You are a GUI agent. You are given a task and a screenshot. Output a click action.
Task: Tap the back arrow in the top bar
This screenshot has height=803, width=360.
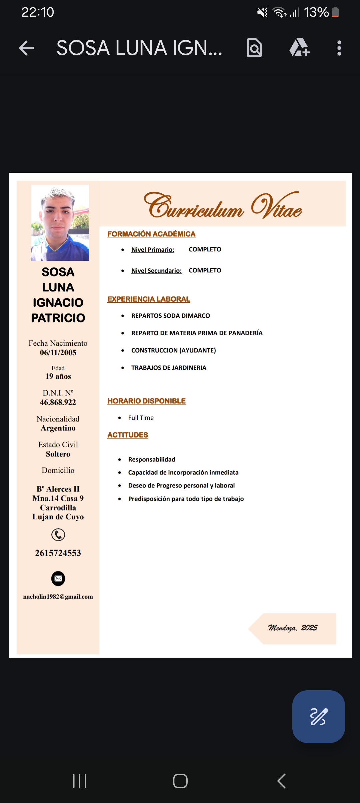tap(27, 48)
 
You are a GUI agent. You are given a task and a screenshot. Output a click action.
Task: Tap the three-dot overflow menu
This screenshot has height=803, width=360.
tap(339, 48)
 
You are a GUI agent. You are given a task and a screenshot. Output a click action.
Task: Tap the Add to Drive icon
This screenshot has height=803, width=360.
tap(300, 48)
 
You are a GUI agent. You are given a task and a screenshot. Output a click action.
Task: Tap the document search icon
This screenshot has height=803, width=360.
tap(254, 48)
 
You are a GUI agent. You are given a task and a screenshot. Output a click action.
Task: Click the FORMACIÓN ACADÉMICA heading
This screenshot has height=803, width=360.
tap(151, 234)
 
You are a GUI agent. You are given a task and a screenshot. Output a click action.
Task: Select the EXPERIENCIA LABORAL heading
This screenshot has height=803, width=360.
tap(149, 299)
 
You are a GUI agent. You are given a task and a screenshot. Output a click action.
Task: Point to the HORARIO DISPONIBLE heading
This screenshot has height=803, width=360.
tap(146, 401)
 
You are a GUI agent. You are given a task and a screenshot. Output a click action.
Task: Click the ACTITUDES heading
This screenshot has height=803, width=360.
tap(128, 435)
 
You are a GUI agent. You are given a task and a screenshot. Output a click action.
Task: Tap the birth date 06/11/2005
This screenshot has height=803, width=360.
tap(58, 352)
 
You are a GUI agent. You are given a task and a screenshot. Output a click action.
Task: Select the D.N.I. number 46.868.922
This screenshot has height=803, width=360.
tap(58, 402)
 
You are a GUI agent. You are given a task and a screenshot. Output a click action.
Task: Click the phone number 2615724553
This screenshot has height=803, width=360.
tap(58, 553)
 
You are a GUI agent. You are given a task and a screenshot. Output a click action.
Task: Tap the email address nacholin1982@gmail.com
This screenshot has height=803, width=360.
tap(58, 597)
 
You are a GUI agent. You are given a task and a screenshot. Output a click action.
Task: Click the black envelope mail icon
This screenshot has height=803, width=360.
tap(58, 579)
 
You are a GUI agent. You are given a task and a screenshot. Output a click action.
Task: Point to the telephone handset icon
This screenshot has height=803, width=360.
tap(58, 535)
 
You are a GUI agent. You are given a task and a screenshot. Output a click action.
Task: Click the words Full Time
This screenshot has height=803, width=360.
tap(141, 418)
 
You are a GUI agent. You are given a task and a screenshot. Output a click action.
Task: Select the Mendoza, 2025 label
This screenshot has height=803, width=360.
tap(293, 628)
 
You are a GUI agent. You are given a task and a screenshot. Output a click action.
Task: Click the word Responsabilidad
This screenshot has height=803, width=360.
tap(152, 460)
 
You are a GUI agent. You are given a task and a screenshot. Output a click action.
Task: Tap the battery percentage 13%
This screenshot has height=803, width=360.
tap(316, 13)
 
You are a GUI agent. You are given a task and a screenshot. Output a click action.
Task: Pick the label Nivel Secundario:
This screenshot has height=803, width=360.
tap(156, 271)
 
